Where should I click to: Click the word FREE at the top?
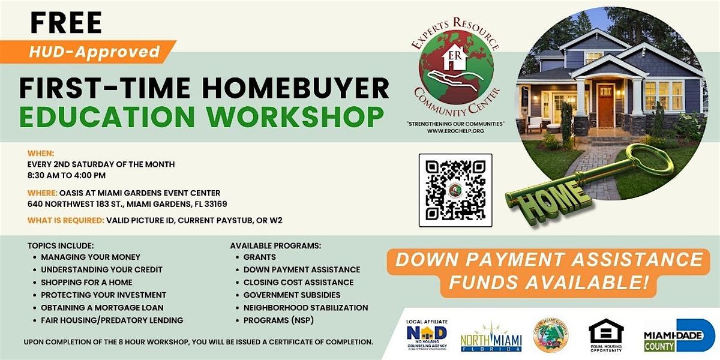(66, 23)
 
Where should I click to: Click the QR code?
(455, 190)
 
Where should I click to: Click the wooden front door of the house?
(605, 104)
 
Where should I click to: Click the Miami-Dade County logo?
(679, 335)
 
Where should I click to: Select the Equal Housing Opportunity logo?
(606, 335)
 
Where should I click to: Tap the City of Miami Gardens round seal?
(550, 335)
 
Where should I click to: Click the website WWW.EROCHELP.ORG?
(455, 130)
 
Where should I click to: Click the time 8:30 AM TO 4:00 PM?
(67, 175)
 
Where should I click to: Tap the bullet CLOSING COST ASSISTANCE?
(298, 282)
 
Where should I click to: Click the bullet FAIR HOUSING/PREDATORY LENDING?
(112, 320)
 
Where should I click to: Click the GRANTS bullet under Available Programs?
(259, 257)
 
